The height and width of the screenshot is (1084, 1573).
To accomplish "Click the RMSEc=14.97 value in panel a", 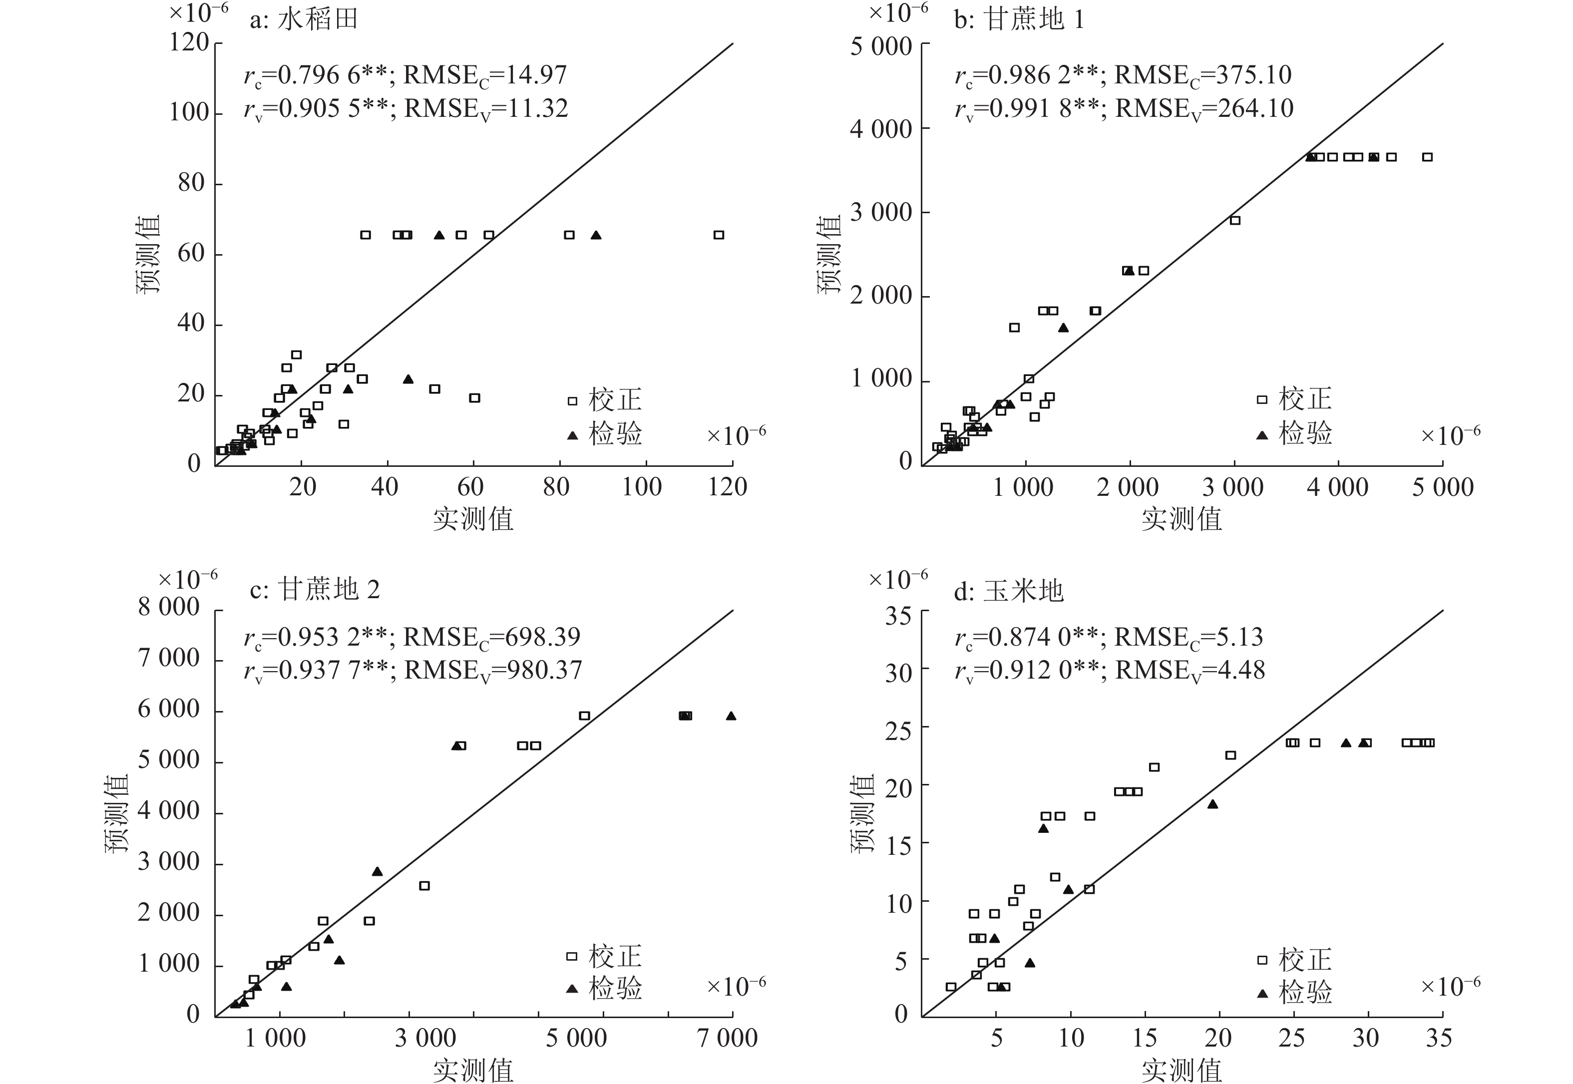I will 485,75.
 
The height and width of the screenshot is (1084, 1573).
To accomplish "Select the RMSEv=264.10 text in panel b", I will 1204,109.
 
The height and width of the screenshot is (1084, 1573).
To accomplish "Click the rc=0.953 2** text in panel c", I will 316,637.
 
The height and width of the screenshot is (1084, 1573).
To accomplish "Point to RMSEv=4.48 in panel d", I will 1190,671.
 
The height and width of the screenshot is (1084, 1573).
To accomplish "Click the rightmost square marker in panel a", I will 719,235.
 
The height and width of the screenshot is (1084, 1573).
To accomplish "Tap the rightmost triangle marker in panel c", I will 731,716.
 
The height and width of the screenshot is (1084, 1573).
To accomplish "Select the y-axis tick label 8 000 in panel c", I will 169,607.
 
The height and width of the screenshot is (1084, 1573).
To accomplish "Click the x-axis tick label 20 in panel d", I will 1218,1038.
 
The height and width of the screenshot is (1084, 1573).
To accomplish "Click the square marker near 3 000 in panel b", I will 1235,220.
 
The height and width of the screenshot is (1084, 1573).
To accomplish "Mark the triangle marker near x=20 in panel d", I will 1212,805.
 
